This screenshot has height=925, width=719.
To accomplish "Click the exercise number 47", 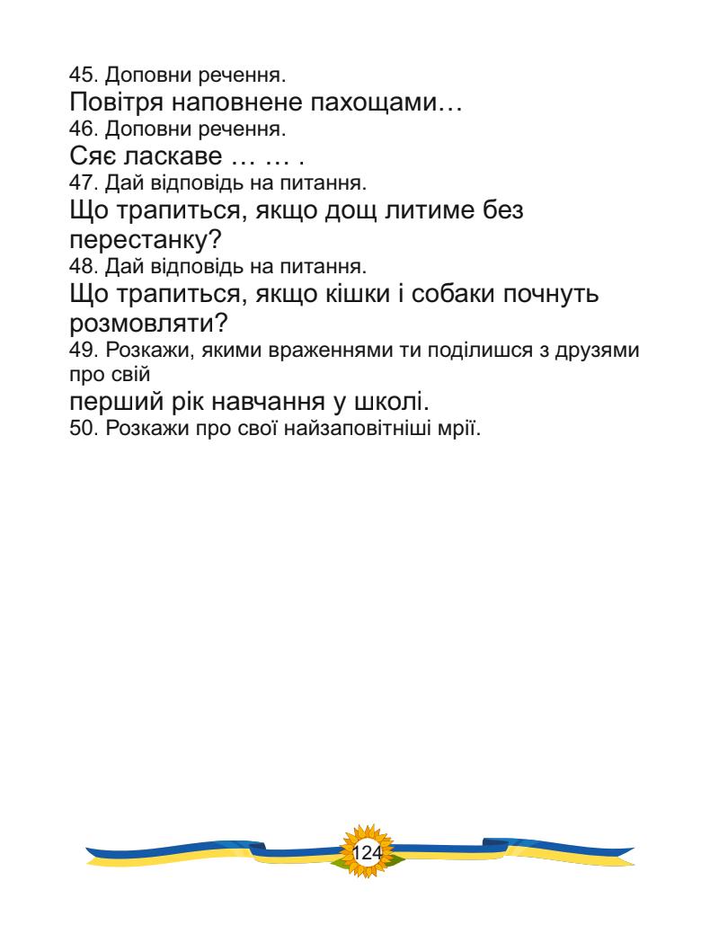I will tap(79, 184).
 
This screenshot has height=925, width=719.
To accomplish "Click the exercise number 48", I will tap(79, 267).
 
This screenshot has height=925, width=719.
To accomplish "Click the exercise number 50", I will tap(79, 430).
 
